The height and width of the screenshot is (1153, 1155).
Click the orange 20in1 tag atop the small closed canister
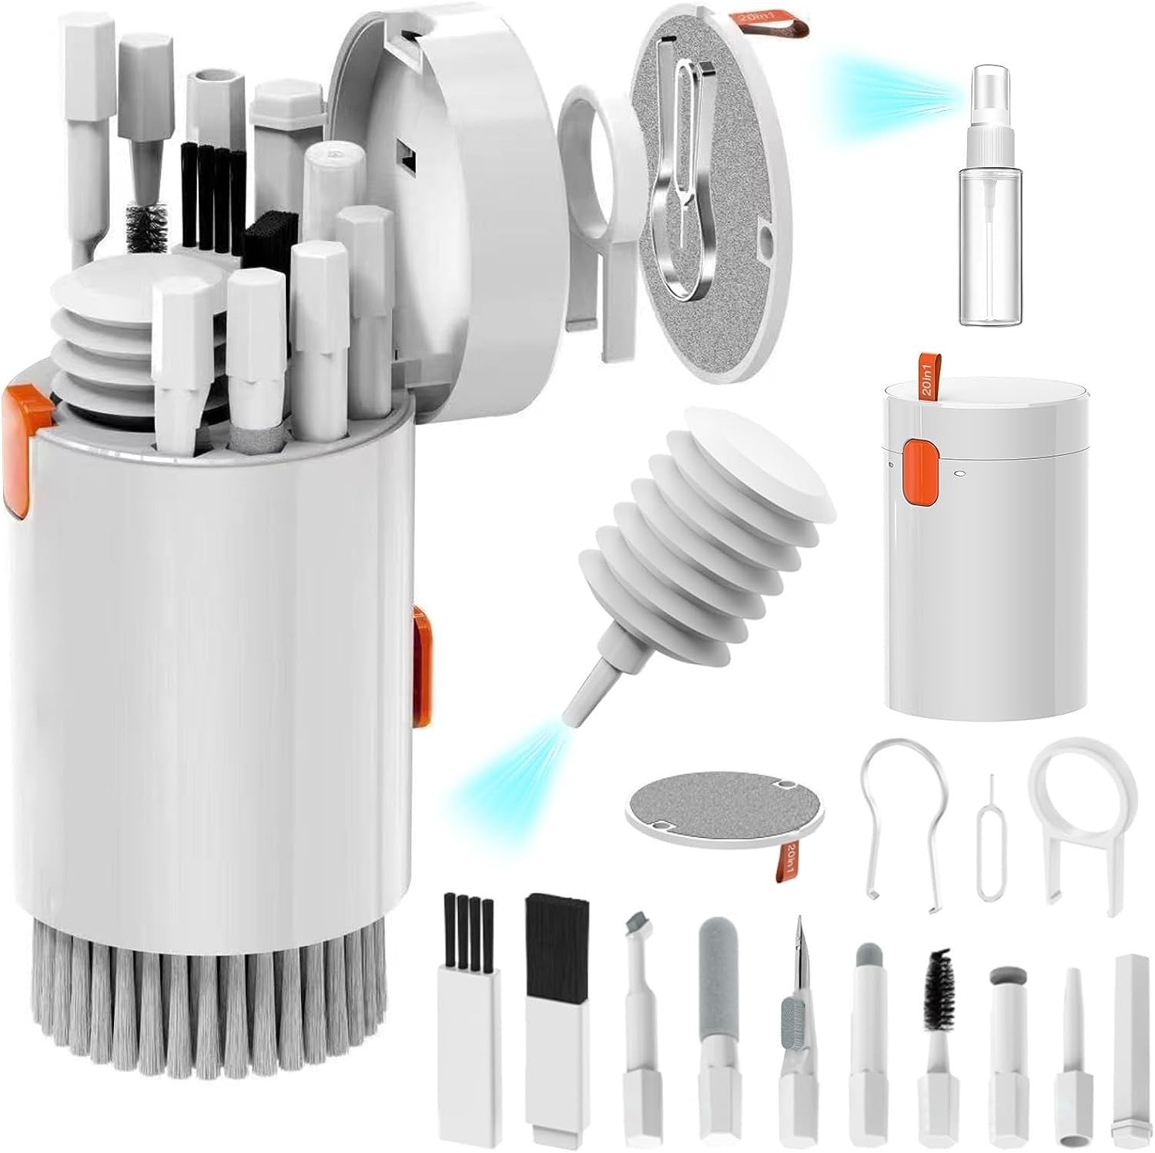pos(923,378)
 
